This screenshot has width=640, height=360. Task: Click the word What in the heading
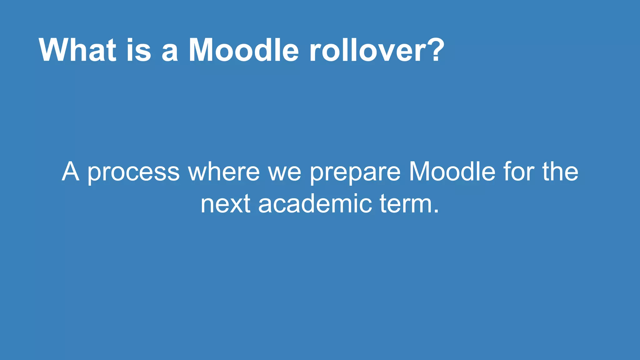77,50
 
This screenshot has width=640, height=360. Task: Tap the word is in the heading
139,50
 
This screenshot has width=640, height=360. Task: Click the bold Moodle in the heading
244,50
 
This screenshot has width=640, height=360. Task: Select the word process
133,172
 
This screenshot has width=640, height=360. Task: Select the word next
225,204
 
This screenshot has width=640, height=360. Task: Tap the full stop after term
436,212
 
